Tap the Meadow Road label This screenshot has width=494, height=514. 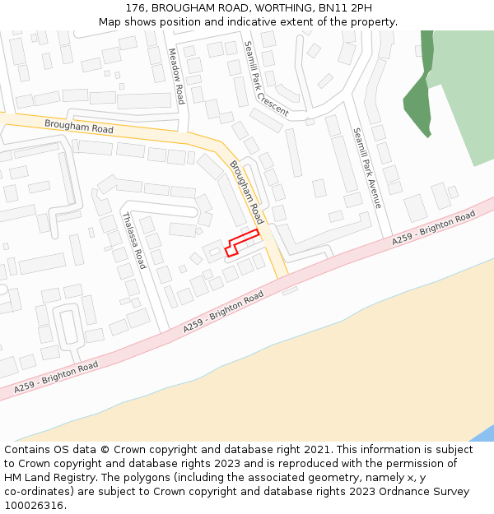[175, 76]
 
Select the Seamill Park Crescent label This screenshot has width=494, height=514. [265, 78]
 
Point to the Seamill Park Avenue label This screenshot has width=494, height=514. [367, 167]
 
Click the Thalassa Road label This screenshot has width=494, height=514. [133, 240]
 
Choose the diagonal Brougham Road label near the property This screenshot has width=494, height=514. [246, 192]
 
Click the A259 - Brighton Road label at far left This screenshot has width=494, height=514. [56, 376]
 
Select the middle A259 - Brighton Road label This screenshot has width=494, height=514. [223, 312]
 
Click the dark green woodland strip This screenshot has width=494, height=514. [419, 99]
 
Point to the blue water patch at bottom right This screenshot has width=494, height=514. [486, 433]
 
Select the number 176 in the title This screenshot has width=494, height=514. [136, 8]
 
